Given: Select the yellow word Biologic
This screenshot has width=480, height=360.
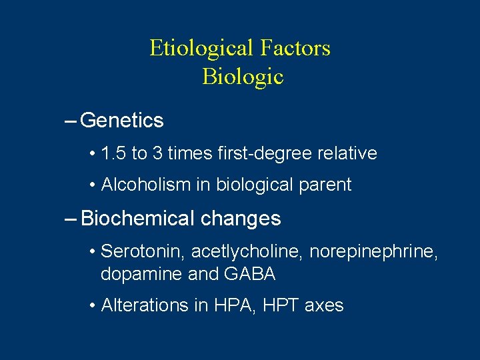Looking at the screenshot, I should click(243, 77).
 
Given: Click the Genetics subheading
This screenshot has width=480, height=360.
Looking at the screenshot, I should click(121, 121).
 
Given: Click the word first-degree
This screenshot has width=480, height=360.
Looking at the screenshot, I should click(257, 154).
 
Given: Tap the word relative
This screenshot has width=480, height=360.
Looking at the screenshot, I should click(346, 153).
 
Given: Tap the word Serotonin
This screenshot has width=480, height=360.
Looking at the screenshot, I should click(143, 252).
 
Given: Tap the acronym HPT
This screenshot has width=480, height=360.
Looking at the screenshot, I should click(282, 306).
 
